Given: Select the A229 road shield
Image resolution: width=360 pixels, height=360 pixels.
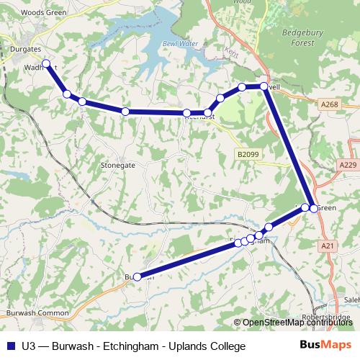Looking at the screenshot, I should (x=347, y=166).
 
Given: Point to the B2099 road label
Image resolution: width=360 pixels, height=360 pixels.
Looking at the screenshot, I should (x=246, y=154).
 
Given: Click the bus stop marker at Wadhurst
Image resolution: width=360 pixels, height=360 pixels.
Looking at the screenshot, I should (x=47, y=64).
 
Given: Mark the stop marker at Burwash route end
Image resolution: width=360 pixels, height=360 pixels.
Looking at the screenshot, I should (x=137, y=276).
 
